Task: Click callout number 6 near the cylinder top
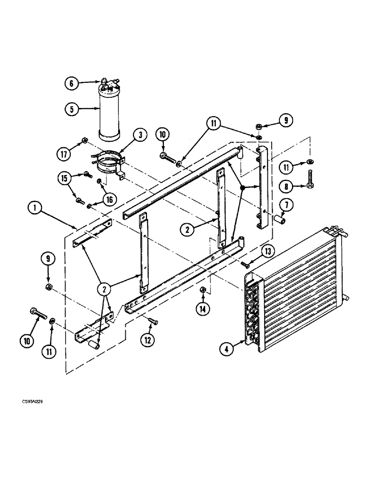click(x=71, y=83)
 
